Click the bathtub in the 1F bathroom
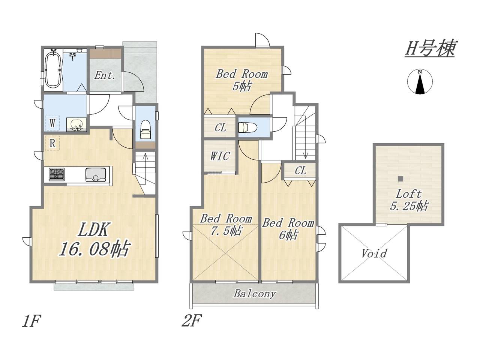(x=53, y=70)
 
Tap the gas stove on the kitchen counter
(x=57, y=174)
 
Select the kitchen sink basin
(x=96, y=174)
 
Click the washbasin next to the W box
(x=76, y=125)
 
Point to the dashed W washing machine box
(x=52, y=123)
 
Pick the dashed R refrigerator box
(x=52, y=143)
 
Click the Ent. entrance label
(x=105, y=76)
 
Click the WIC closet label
(x=220, y=156)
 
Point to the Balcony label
(x=254, y=294)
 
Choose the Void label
(x=374, y=253)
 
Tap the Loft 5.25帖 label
(x=409, y=200)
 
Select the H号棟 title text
(x=430, y=48)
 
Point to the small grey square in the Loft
(x=400, y=179)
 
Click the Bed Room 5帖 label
(x=241, y=80)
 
